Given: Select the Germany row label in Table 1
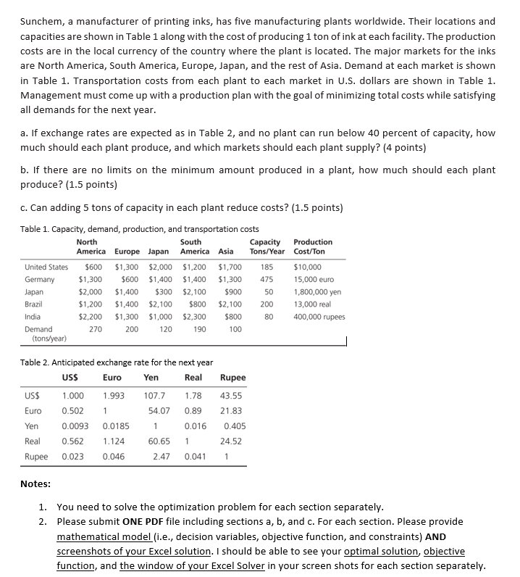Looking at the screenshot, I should [x=39, y=279].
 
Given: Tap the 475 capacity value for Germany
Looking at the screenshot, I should [x=266, y=279].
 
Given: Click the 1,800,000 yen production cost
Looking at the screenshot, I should [x=317, y=291].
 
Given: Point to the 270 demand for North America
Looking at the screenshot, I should [x=94, y=328].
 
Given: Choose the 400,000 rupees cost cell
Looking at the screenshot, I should [x=319, y=316].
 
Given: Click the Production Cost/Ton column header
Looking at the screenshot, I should [x=313, y=246].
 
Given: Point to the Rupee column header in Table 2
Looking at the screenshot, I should [x=232, y=378].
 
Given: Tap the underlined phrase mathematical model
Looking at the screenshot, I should [x=102, y=537].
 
